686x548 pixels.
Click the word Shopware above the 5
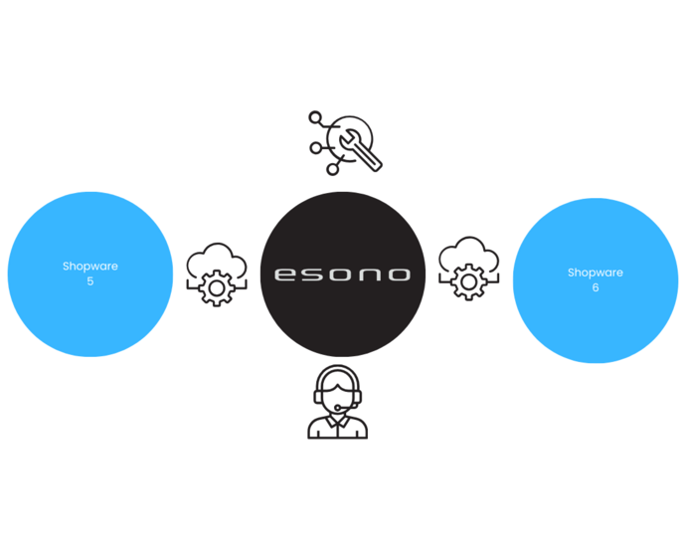pyautogui.click(x=89, y=266)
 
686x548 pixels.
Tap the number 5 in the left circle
pyautogui.click(x=89, y=281)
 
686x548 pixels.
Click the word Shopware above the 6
pyautogui.click(x=596, y=273)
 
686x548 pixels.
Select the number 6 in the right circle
pyautogui.click(x=596, y=287)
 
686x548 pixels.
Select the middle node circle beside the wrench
pyautogui.click(x=316, y=147)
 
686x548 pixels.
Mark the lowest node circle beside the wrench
pyautogui.click(x=332, y=169)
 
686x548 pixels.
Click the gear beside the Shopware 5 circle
pyautogui.click(x=215, y=286)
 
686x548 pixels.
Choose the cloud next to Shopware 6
pyautogui.click(x=468, y=254)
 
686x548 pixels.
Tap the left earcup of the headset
pyautogui.click(x=318, y=396)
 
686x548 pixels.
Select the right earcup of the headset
pyautogui.click(x=358, y=396)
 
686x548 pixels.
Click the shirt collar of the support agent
pyautogui.click(x=338, y=420)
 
